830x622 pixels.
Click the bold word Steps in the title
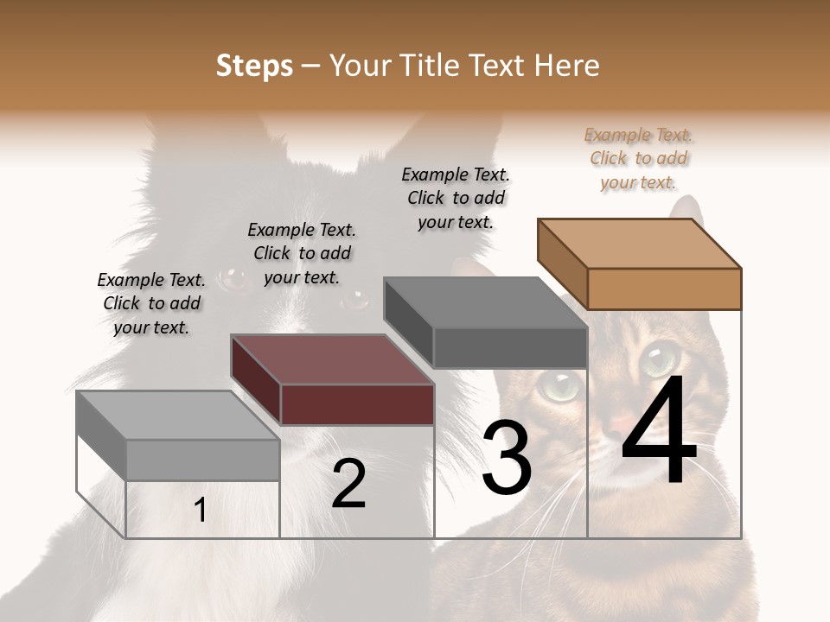[x=254, y=66]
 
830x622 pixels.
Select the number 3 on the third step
[x=507, y=458]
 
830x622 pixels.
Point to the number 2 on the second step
[x=348, y=484]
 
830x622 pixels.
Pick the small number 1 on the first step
[x=201, y=511]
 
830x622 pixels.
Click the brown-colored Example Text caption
[x=639, y=158]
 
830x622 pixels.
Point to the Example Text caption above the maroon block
[x=302, y=253]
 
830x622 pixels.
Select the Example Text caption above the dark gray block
[x=456, y=198]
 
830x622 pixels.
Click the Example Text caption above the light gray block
[x=151, y=303]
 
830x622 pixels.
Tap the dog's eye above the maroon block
[x=231, y=278]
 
